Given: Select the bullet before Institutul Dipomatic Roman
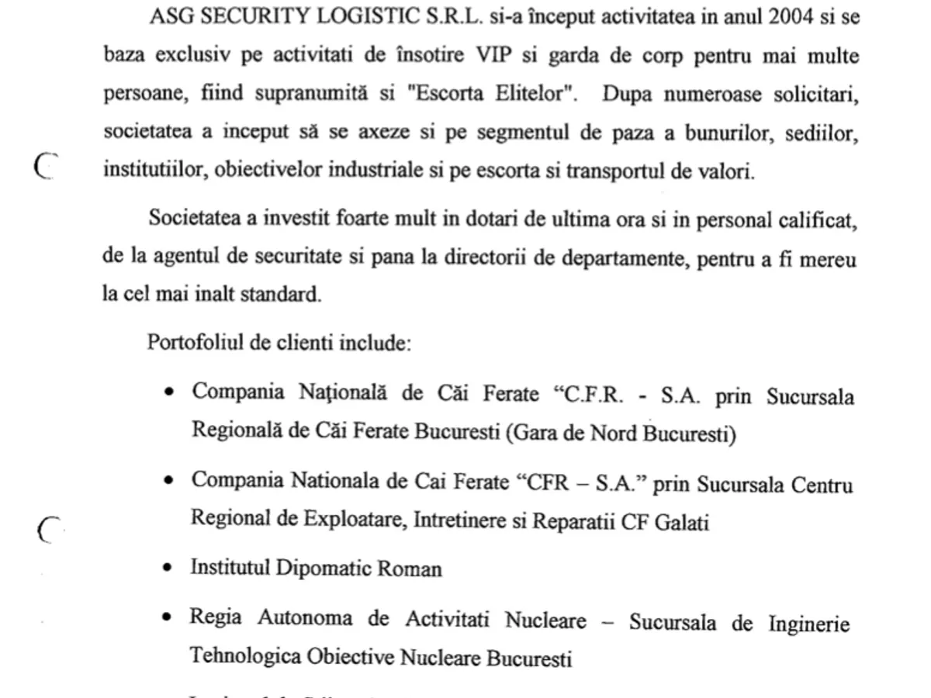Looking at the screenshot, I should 168,568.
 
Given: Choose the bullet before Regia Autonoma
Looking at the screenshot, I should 167,620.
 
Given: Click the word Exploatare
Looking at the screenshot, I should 345,522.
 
